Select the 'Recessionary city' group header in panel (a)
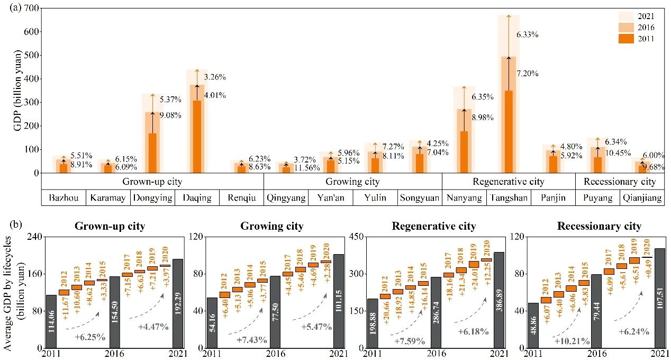(x=619, y=182)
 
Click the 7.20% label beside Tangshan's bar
(x=527, y=74)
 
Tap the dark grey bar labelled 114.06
(x=51, y=321)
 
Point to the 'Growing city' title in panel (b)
(x=272, y=227)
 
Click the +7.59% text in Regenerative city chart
(x=410, y=341)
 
